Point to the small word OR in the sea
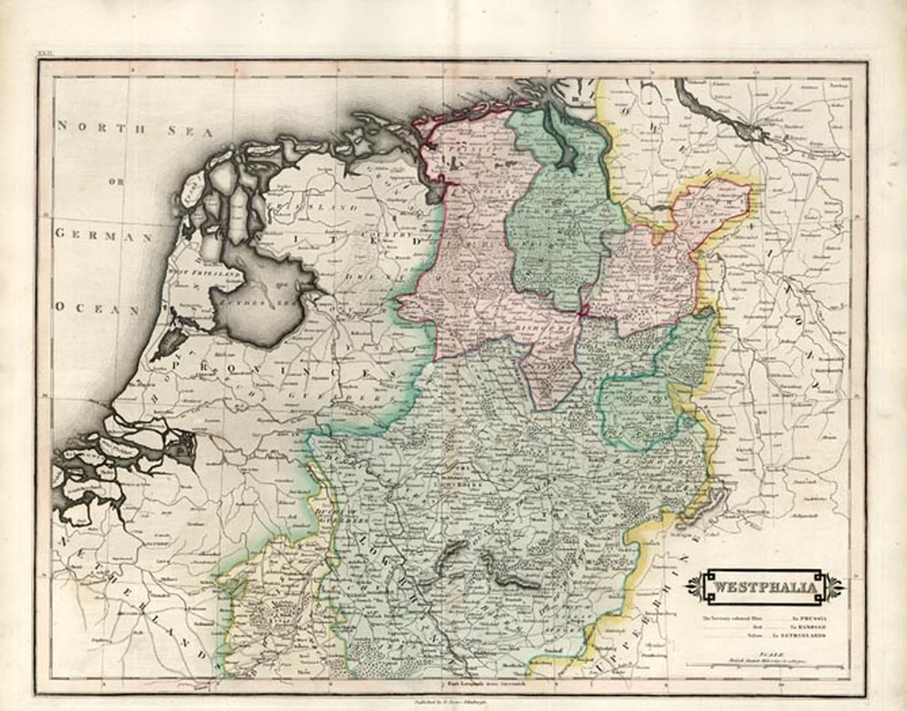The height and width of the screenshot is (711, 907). pyautogui.click(x=116, y=182)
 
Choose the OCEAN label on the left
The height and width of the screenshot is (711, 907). pyautogui.click(x=97, y=308)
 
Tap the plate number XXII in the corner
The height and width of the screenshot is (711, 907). pyautogui.click(x=45, y=55)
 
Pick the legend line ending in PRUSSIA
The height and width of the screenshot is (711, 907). pyautogui.click(x=764, y=617)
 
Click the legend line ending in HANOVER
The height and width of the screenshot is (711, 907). pyautogui.click(x=764, y=627)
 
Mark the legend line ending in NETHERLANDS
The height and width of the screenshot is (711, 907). pyautogui.click(x=764, y=636)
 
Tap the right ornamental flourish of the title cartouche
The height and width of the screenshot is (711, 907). pyautogui.click(x=835, y=587)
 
